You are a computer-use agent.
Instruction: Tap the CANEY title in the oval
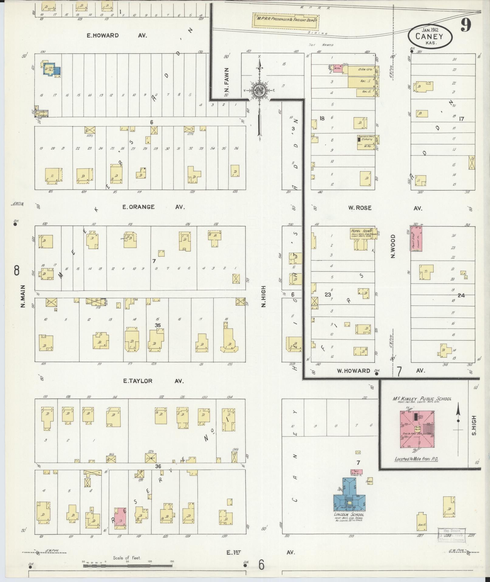coord(430,37)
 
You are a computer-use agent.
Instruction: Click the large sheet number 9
coord(465,25)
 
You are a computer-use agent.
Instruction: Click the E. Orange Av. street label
coord(153,207)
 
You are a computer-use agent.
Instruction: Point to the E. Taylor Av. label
coord(153,381)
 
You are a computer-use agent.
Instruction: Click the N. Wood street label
coord(393,246)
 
